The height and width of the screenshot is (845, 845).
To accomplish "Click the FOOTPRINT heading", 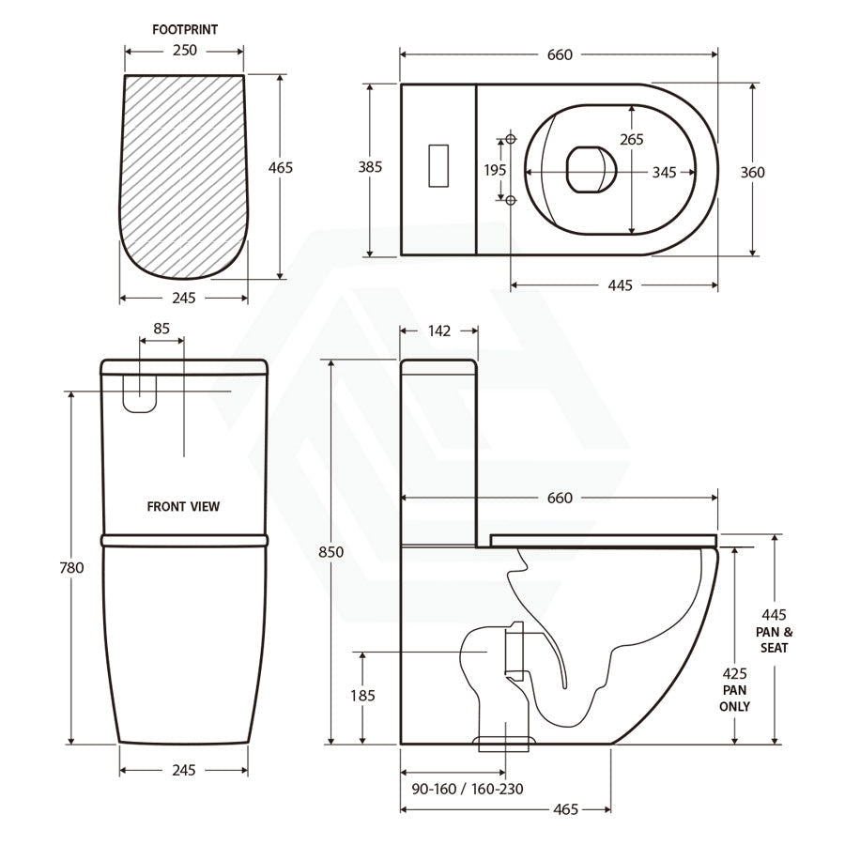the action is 185,30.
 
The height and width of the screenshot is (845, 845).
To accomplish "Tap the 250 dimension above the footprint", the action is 185,50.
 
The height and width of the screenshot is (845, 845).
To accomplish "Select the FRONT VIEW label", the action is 183,507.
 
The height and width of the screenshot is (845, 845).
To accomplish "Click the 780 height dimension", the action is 71,567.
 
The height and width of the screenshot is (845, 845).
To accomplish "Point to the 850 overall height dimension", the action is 330,552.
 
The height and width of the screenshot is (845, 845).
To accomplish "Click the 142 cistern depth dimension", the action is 439,330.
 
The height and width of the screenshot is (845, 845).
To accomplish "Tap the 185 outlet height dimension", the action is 362,695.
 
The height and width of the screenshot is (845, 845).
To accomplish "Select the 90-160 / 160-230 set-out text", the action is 468,789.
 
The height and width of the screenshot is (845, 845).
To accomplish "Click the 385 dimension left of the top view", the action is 370,167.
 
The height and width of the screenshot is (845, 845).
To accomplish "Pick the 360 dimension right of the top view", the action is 752,173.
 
